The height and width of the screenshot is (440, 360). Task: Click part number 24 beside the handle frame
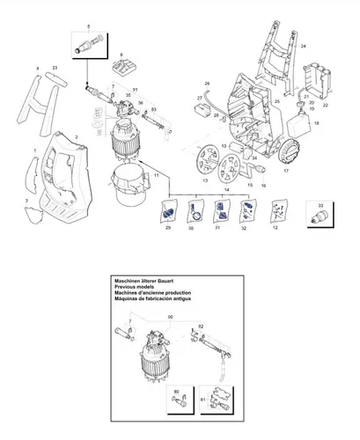(304, 45)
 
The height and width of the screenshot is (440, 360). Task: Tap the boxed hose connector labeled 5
(88, 41)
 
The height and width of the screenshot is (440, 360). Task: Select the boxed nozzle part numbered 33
(318, 212)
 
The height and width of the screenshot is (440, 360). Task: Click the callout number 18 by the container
(318, 124)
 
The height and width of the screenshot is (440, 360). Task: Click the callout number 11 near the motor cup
(157, 176)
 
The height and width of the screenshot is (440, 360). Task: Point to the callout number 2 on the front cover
(77, 137)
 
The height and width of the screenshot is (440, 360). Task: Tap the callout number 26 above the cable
(208, 84)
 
